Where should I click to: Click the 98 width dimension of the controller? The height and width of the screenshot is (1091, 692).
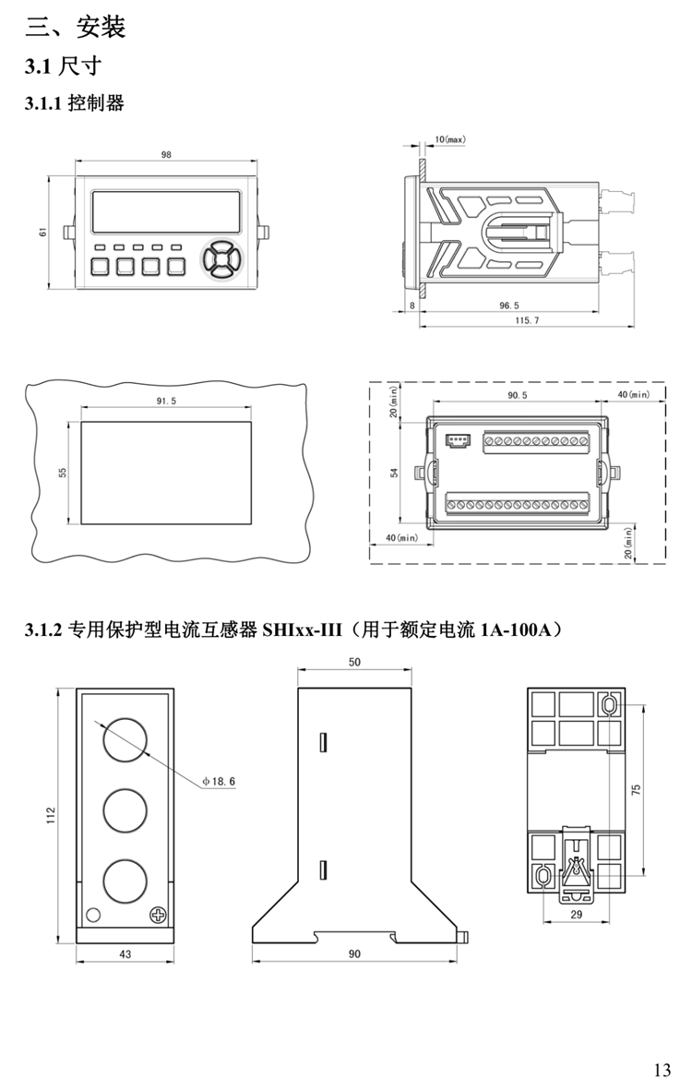[x=166, y=155]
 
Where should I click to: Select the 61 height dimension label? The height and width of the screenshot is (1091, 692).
[x=42, y=232]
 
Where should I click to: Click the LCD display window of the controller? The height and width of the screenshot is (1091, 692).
[x=166, y=213]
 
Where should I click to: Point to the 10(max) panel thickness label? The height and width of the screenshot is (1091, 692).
[x=449, y=139]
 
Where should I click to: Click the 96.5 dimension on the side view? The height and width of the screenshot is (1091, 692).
[x=508, y=304]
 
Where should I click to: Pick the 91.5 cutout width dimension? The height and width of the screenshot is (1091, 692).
[x=166, y=401]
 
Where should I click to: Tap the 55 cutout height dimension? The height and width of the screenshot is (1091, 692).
[x=63, y=472]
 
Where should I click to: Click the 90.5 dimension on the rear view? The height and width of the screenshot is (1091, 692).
[x=517, y=395]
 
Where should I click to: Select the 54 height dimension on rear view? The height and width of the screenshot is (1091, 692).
[x=394, y=473]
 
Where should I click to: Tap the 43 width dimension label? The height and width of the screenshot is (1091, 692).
[x=125, y=953]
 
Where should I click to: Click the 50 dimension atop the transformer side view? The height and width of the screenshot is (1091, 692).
[x=355, y=662]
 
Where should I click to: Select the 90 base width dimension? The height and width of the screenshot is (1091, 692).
[x=355, y=953]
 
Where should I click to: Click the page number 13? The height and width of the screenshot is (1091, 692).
[x=662, y=1071]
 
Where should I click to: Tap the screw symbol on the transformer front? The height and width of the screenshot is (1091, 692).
[x=158, y=914]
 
